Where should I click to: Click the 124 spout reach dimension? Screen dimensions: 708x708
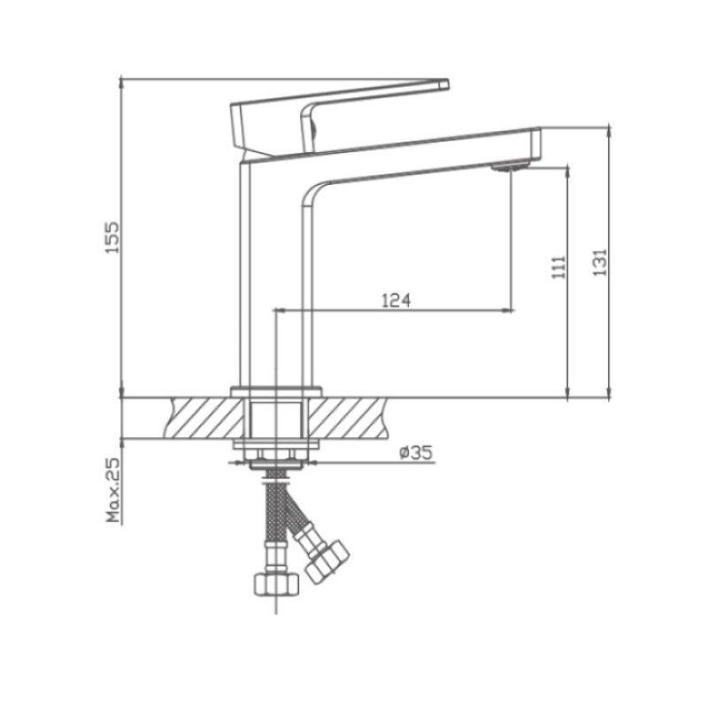point(396,301)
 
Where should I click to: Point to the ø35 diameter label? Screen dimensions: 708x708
point(415,453)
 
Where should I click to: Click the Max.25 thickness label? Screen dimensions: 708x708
point(113,492)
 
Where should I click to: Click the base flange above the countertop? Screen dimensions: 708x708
point(275,390)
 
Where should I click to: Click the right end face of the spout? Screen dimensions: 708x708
point(536,144)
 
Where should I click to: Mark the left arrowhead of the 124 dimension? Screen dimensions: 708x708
point(281,310)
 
